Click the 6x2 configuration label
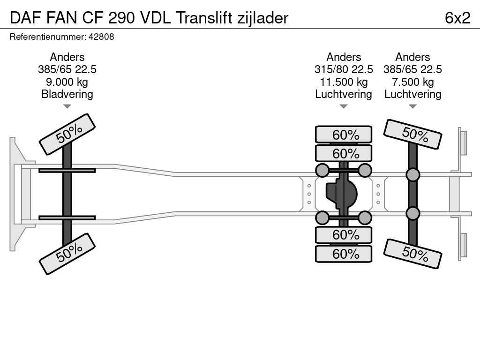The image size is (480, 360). (x=457, y=18)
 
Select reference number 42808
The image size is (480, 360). (x=100, y=37)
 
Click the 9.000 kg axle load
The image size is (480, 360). (x=67, y=82)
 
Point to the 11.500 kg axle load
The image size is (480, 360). (x=344, y=82)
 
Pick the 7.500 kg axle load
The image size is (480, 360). (x=412, y=82)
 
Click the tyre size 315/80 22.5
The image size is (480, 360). (x=344, y=69)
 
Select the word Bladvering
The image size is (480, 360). (x=67, y=94)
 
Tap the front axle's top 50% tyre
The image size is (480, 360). (x=67, y=134)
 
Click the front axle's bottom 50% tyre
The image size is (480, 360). (x=67, y=253)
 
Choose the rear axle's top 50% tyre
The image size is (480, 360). (x=412, y=134)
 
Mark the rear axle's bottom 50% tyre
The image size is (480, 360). (x=412, y=254)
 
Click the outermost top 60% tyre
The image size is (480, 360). (x=344, y=135)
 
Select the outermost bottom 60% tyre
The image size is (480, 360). (x=344, y=254)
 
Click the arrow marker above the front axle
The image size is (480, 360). (x=67, y=106)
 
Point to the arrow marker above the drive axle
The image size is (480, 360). (x=344, y=106)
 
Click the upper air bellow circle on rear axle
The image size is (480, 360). (x=412, y=175)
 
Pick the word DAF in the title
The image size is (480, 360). (x=25, y=18)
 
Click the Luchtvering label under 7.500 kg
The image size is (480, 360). (x=412, y=94)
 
